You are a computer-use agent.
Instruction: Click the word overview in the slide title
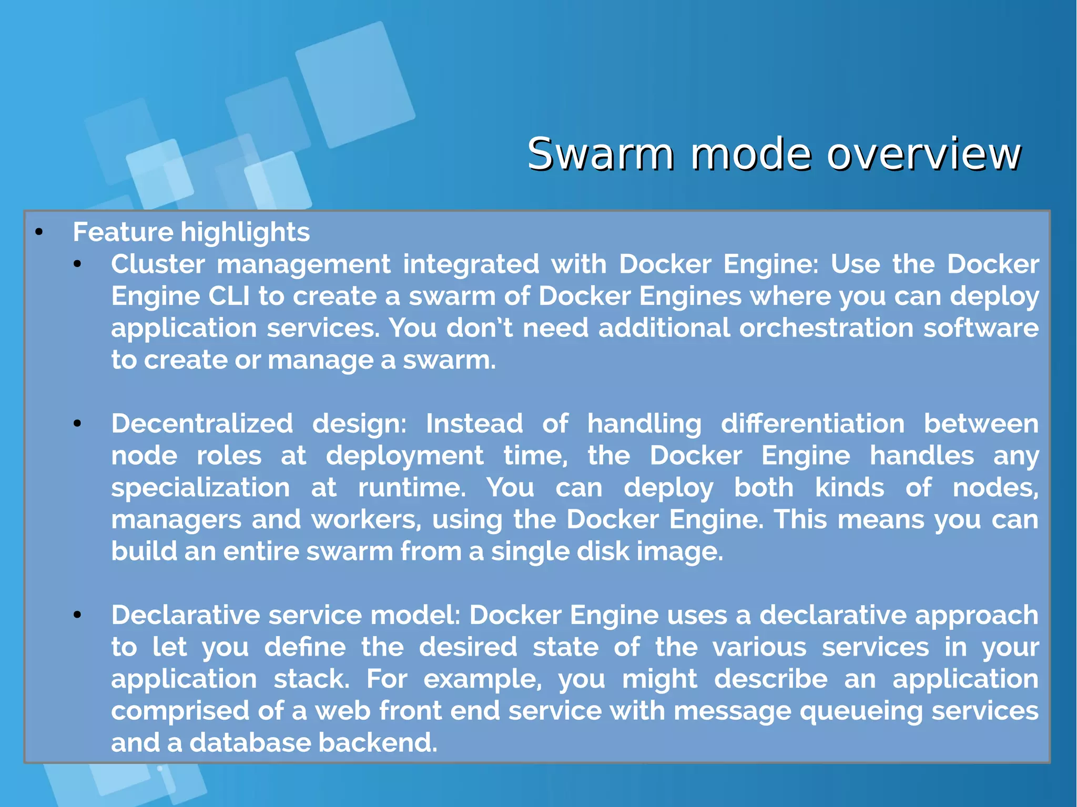pos(923,154)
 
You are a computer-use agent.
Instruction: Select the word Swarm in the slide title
pos(600,154)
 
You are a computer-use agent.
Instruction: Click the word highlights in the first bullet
pos(245,232)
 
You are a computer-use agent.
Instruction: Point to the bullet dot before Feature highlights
pos(38,232)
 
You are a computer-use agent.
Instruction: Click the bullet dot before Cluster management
pos(77,264)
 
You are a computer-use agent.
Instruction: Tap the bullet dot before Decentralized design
pos(77,424)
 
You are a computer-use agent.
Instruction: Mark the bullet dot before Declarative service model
pos(77,615)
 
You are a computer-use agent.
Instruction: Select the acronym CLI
pos(229,296)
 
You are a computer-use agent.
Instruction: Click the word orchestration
pos(826,328)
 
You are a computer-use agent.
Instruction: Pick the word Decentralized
pos(202,424)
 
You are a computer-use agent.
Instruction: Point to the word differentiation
pos(812,424)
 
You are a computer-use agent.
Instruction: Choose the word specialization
pos(200,488)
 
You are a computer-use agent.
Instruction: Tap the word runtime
pos(412,488)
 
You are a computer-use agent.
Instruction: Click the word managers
pos(176,520)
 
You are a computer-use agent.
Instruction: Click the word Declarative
pos(186,615)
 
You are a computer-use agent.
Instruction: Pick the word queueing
pos(861,711)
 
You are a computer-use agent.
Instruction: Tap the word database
pos(249,743)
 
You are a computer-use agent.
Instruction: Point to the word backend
pos(378,743)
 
